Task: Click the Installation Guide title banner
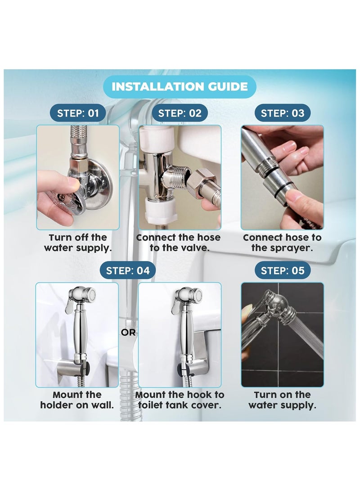tap(180, 86)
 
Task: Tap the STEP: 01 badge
tap(78, 113)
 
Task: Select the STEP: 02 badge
tap(180, 113)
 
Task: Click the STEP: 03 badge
tap(282, 113)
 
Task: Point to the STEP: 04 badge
tap(128, 270)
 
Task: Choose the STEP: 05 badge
tap(282, 270)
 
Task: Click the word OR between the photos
tap(128, 332)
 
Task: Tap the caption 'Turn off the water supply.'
tap(78, 243)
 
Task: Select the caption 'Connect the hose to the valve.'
tap(179, 243)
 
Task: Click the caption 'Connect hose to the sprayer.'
tap(282, 243)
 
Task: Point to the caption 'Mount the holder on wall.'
tap(77, 400)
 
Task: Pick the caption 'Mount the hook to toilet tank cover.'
tap(180, 400)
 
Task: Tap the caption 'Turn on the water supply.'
tap(282, 400)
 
